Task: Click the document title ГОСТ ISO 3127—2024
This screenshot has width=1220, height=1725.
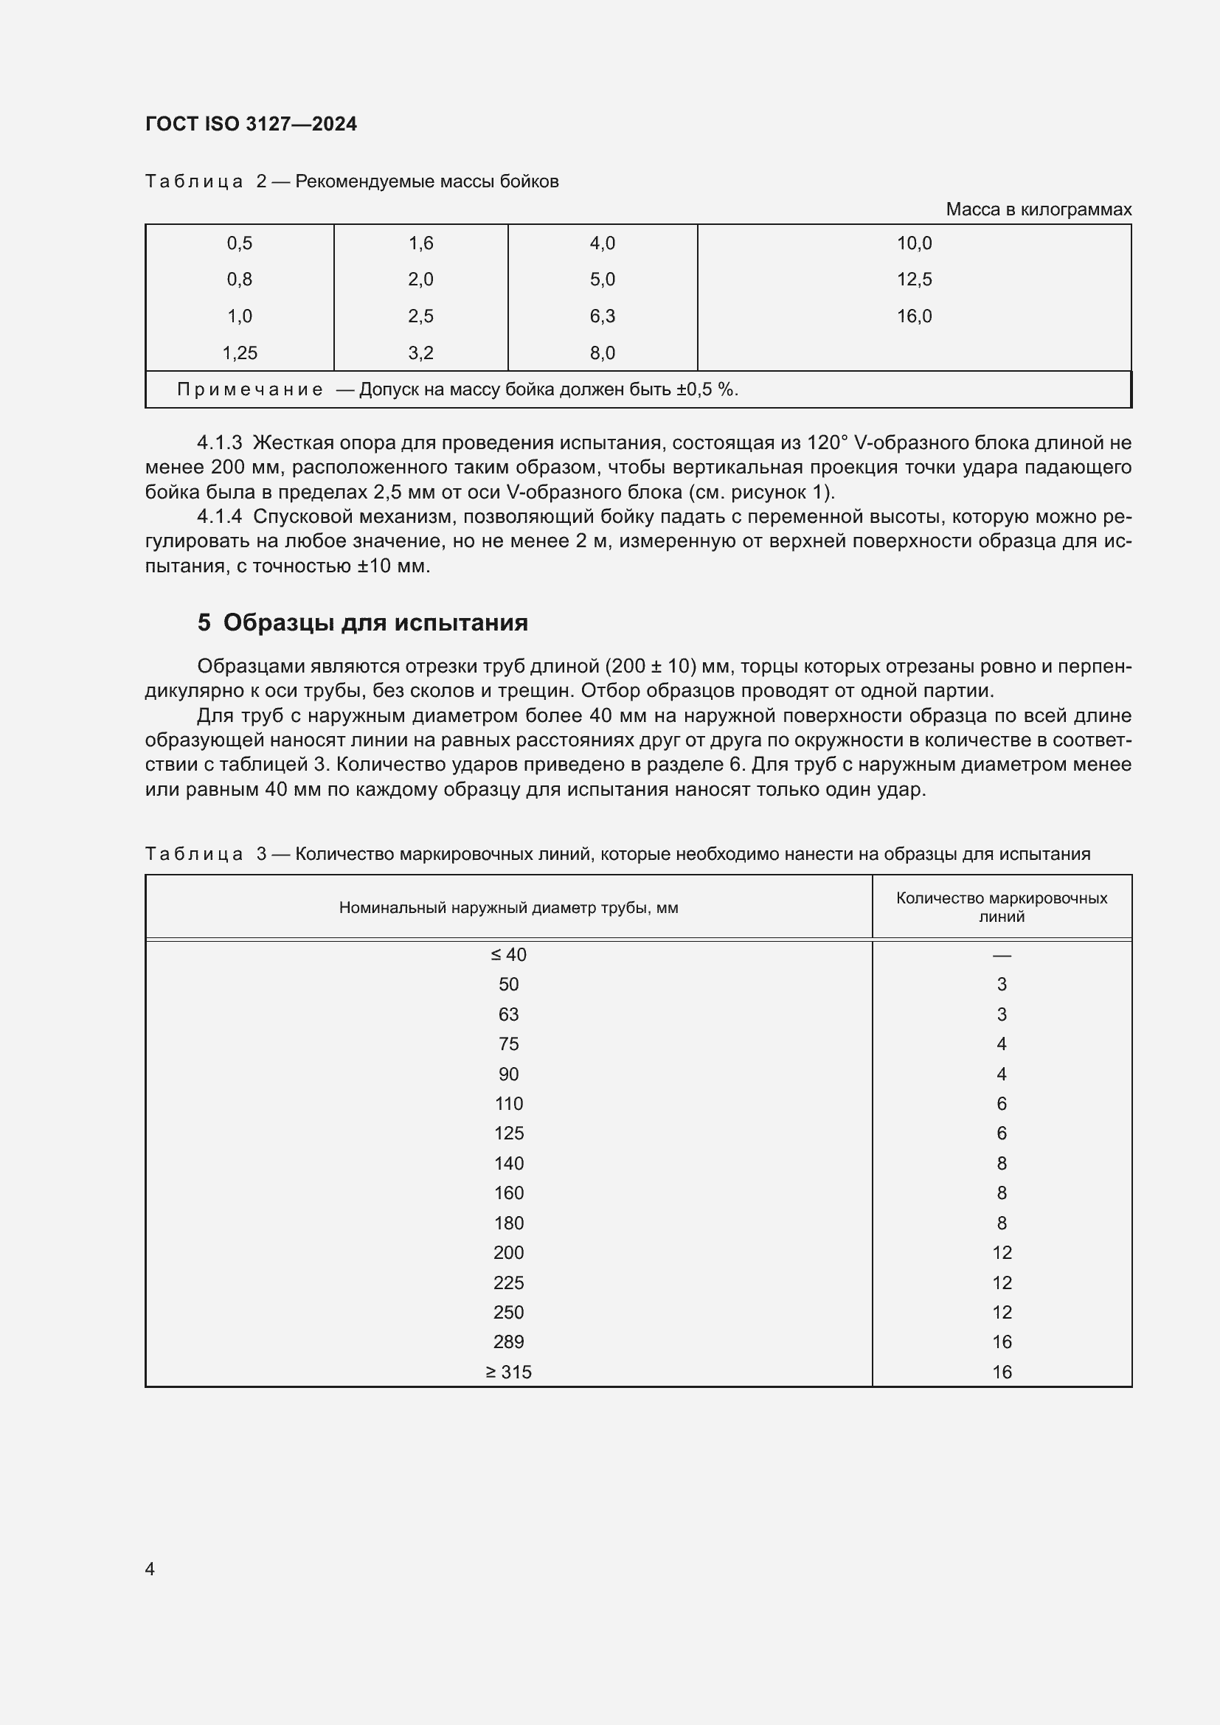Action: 251,124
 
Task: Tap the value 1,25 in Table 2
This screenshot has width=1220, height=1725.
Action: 240,353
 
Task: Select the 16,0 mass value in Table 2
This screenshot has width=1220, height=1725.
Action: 913,316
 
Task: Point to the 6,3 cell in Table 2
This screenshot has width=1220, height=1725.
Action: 602,316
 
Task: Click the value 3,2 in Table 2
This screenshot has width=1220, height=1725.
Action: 420,353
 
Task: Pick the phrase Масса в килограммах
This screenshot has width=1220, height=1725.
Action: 1039,209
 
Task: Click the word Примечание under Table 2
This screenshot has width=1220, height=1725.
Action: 249,389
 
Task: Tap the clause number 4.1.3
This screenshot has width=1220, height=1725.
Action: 219,442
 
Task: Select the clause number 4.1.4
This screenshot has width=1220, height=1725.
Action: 219,516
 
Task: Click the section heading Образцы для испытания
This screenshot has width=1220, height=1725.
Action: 375,622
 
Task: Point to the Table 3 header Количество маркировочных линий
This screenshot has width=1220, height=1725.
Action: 1001,907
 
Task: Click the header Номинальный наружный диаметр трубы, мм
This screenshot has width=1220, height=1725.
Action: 509,908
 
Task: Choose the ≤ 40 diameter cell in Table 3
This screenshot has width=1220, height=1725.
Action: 509,954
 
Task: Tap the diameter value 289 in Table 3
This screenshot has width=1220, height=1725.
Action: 509,1342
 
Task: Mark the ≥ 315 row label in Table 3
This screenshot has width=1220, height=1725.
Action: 509,1372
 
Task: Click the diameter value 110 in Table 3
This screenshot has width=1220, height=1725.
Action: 509,1104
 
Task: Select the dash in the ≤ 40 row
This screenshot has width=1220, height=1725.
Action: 1001,955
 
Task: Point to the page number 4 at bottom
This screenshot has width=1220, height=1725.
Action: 150,1569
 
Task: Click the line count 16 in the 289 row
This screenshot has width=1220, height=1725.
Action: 1002,1342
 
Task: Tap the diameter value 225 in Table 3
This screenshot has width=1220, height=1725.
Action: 509,1283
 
